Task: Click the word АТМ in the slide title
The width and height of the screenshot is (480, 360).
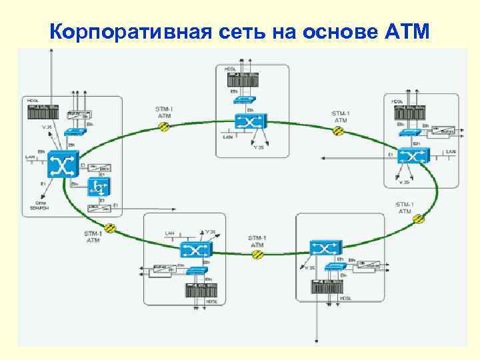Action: tap(408, 31)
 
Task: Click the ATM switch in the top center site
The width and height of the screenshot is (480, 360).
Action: tap(250, 122)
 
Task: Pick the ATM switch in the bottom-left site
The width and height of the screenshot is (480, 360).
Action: tap(195, 250)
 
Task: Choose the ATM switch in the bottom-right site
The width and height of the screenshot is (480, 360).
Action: tap(325, 249)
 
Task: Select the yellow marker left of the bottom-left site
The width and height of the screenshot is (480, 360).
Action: tap(111, 228)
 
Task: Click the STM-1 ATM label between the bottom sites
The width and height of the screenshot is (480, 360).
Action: tap(257, 241)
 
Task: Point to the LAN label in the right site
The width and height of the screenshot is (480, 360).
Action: tap(451, 152)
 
